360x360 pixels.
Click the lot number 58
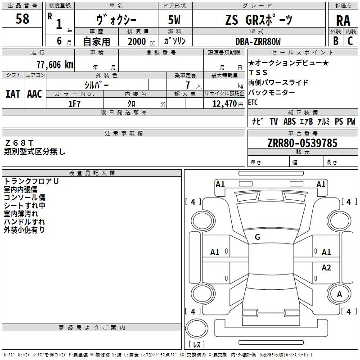tap(22, 18)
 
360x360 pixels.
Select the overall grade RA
tap(343, 21)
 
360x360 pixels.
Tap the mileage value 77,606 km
tap(55, 64)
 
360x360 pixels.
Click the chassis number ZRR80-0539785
tap(302, 143)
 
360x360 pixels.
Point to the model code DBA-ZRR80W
tap(258, 41)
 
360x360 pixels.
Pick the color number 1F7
tap(74, 104)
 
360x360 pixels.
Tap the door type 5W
tap(174, 20)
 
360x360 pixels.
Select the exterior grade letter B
tap(336, 41)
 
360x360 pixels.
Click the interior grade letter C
tap(350, 41)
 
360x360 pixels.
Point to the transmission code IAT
tap(13, 94)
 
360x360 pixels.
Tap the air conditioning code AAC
tap(35, 94)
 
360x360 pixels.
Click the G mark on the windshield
tap(257, 237)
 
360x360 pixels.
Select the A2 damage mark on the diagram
tap(326, 267)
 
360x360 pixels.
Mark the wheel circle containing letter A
tap(339, 294)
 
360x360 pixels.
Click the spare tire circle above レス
tap(197, 328)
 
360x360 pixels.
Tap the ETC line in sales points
tap(253, 102)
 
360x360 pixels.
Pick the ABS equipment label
tap(289, 121)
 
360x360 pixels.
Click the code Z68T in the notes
tap(19, 143)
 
